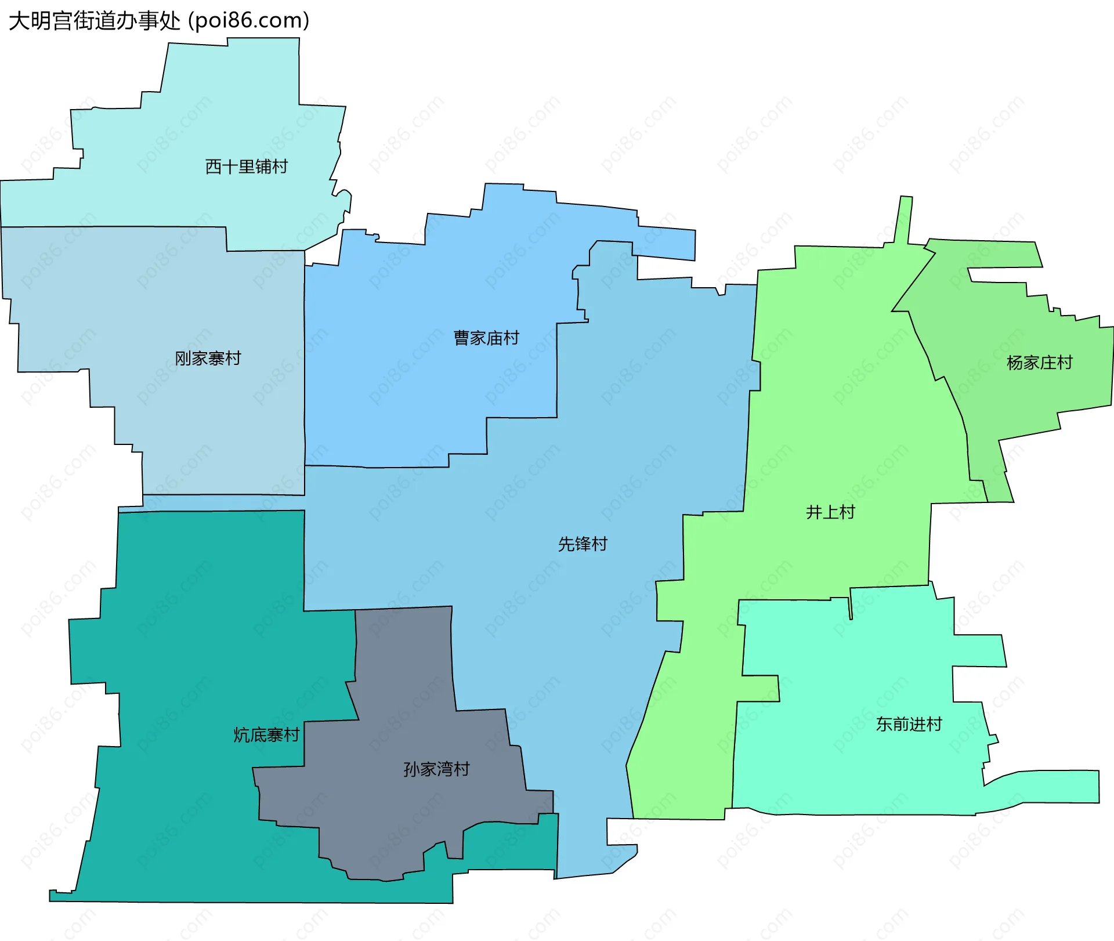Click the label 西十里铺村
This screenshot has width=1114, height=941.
247,167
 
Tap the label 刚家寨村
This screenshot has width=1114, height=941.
208,359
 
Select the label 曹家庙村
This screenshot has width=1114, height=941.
486,338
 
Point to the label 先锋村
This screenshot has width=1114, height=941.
583,544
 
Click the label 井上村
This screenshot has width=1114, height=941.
830,512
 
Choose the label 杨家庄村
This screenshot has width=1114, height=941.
1040,363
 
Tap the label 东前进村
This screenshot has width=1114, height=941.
909,725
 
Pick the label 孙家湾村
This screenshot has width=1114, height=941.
436,770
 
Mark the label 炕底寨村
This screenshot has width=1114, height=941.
266,736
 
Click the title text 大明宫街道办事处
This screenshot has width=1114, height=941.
95,21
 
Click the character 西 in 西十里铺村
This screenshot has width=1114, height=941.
214,167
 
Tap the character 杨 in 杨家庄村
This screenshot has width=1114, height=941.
1015,363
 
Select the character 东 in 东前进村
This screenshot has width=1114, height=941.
884,725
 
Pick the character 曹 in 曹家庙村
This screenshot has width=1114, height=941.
461,338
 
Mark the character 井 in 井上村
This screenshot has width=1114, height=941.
814,512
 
